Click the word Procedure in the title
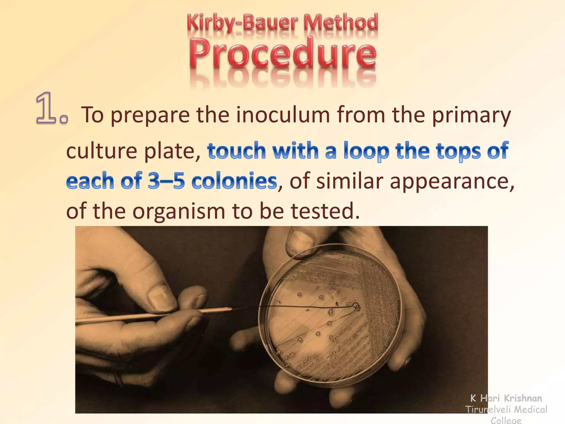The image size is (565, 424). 282,52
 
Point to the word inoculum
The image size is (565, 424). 283,115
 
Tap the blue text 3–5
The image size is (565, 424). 166,181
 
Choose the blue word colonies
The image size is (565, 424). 234,181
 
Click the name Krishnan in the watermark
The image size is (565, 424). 523,398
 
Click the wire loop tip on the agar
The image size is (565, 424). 356,306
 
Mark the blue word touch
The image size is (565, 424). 237,151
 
